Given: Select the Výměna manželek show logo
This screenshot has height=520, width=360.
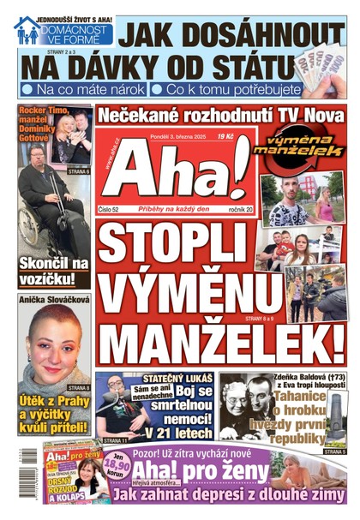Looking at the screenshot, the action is [303, 146].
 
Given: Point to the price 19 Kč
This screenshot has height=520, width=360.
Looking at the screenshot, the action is [227, 135].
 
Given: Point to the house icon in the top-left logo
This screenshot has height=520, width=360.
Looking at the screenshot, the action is [26, 30].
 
